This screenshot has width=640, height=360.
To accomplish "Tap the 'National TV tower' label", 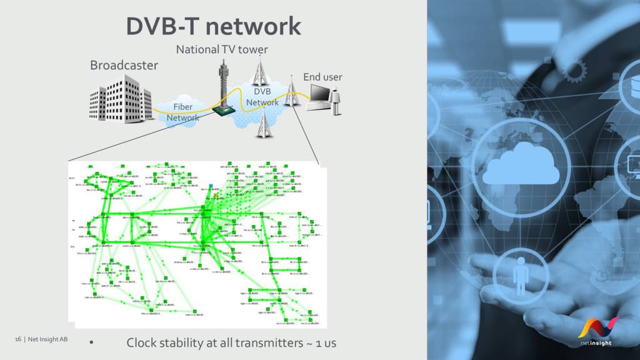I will coord(222,49).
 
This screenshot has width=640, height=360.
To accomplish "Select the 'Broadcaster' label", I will coord(124,65).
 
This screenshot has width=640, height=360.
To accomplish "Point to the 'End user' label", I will coord(322,77).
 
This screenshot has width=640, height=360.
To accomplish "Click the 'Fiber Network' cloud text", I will coord(182,112).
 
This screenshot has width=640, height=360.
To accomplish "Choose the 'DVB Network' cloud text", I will coord(262,97).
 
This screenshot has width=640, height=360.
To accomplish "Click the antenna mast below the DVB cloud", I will coord(262,126).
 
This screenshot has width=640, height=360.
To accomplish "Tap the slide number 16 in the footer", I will coord(18,339).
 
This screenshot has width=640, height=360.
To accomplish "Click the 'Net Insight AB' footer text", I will coord(46,339).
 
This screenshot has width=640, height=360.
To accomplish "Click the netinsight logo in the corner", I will coord(598,331).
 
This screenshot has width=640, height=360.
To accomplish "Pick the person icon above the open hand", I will coord(519,276).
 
